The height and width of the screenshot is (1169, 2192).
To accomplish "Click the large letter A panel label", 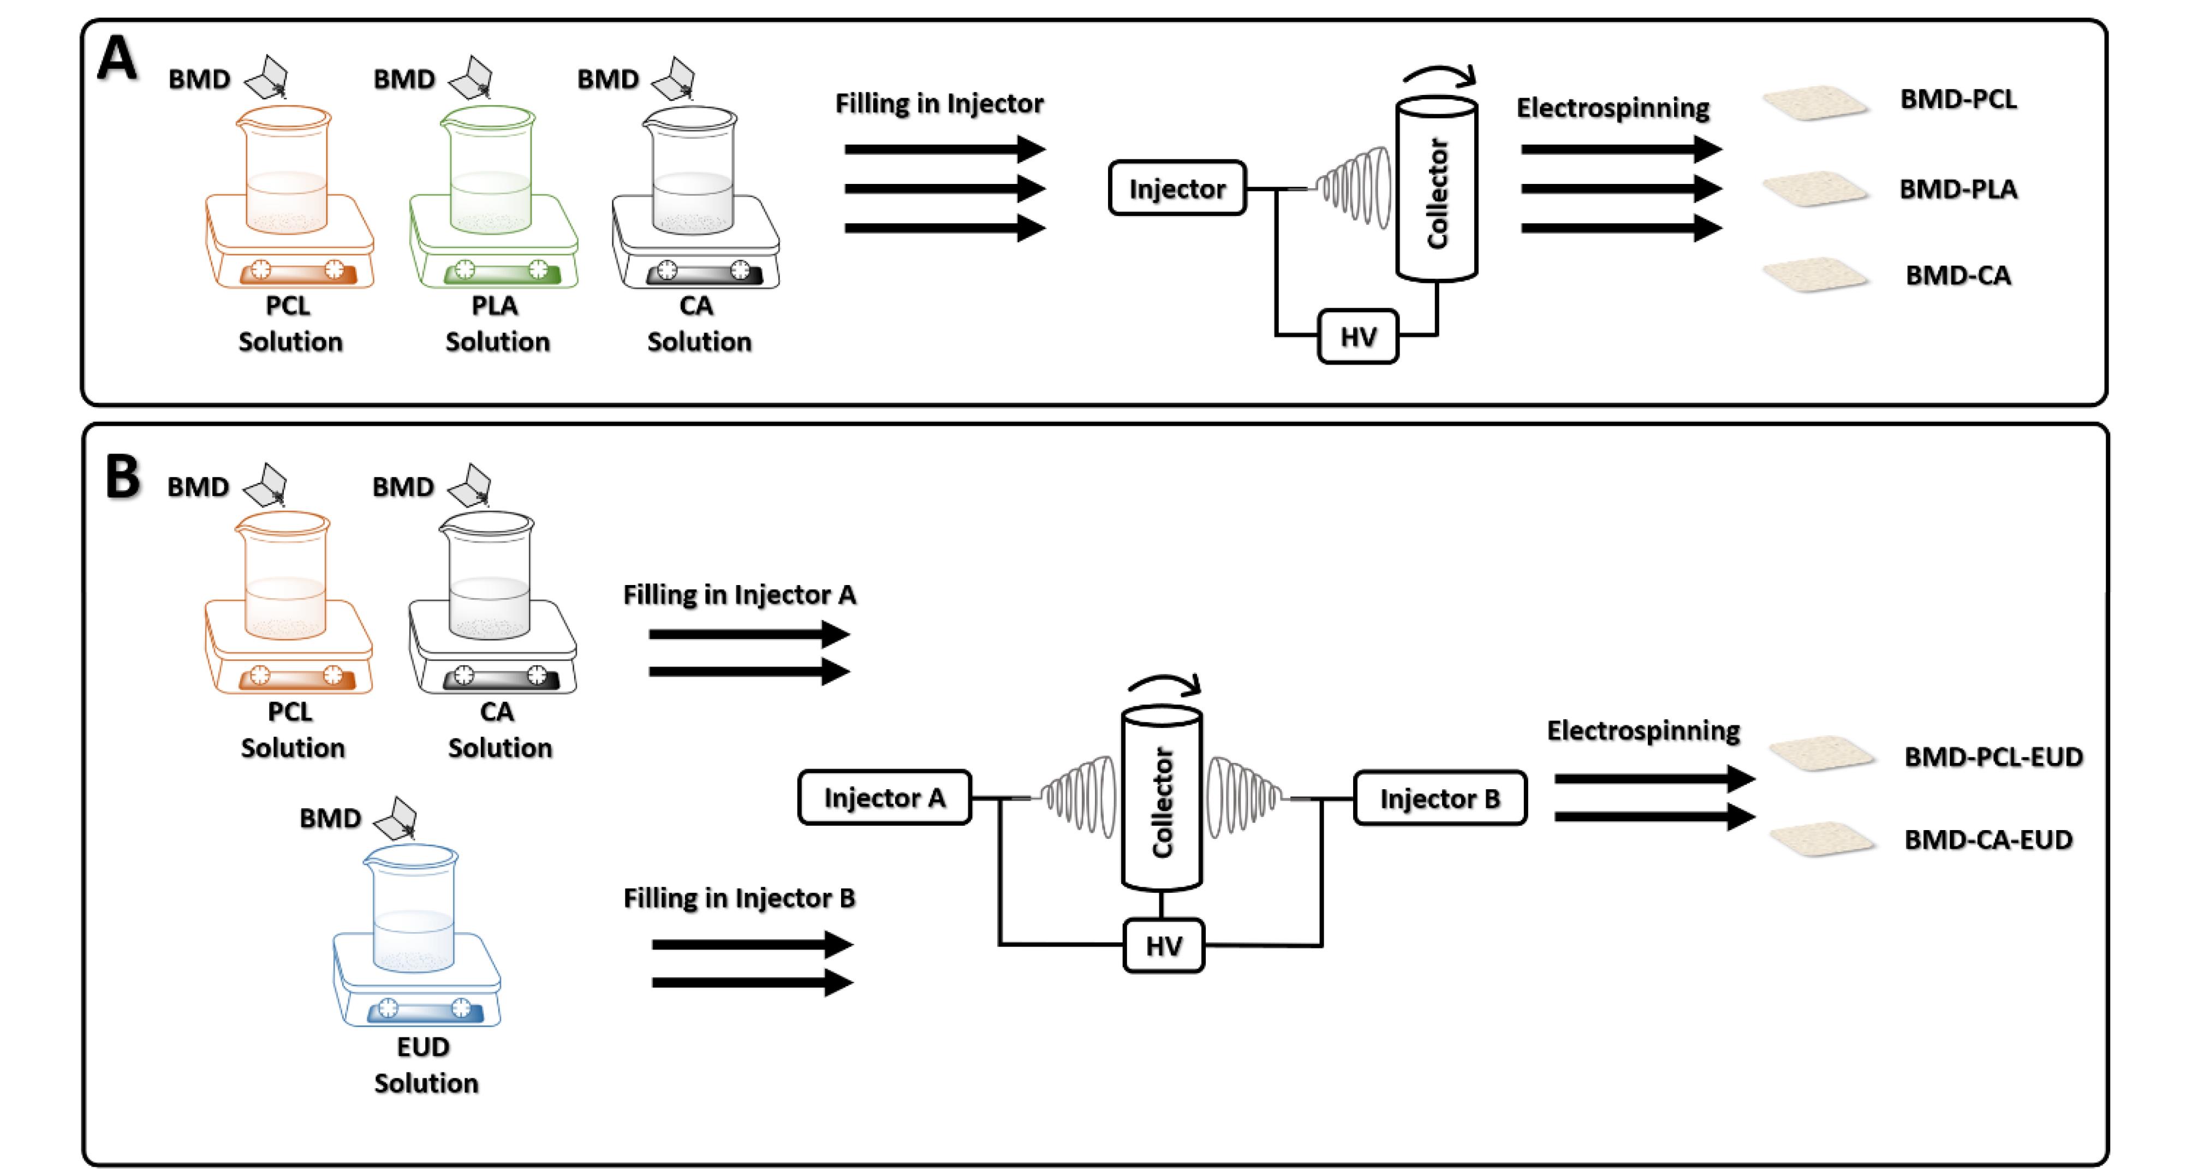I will (117, 59).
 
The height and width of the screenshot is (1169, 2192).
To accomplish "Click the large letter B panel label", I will (122, 478).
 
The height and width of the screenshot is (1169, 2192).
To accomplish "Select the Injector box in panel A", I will (1177, 188).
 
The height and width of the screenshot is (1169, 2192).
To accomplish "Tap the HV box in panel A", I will (1357, 337).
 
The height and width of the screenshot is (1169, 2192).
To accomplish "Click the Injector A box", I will (884, 798).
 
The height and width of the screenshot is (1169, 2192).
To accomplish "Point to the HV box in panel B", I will (1163, 945).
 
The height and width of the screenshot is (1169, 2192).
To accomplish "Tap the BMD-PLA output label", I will (1958, 189).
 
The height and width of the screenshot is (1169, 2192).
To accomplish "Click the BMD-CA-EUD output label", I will (1988, 840).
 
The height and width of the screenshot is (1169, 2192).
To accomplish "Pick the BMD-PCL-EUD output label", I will (1993, 756).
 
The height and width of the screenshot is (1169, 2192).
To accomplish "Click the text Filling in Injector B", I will (738, 898).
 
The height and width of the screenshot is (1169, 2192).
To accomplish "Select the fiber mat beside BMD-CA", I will (1815, 275).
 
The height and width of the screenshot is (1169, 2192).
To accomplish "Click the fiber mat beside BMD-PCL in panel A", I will (1815, 102).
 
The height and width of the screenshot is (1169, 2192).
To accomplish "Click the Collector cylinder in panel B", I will (1161, 800).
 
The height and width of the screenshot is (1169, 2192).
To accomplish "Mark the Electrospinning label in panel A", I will (1612, 108).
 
